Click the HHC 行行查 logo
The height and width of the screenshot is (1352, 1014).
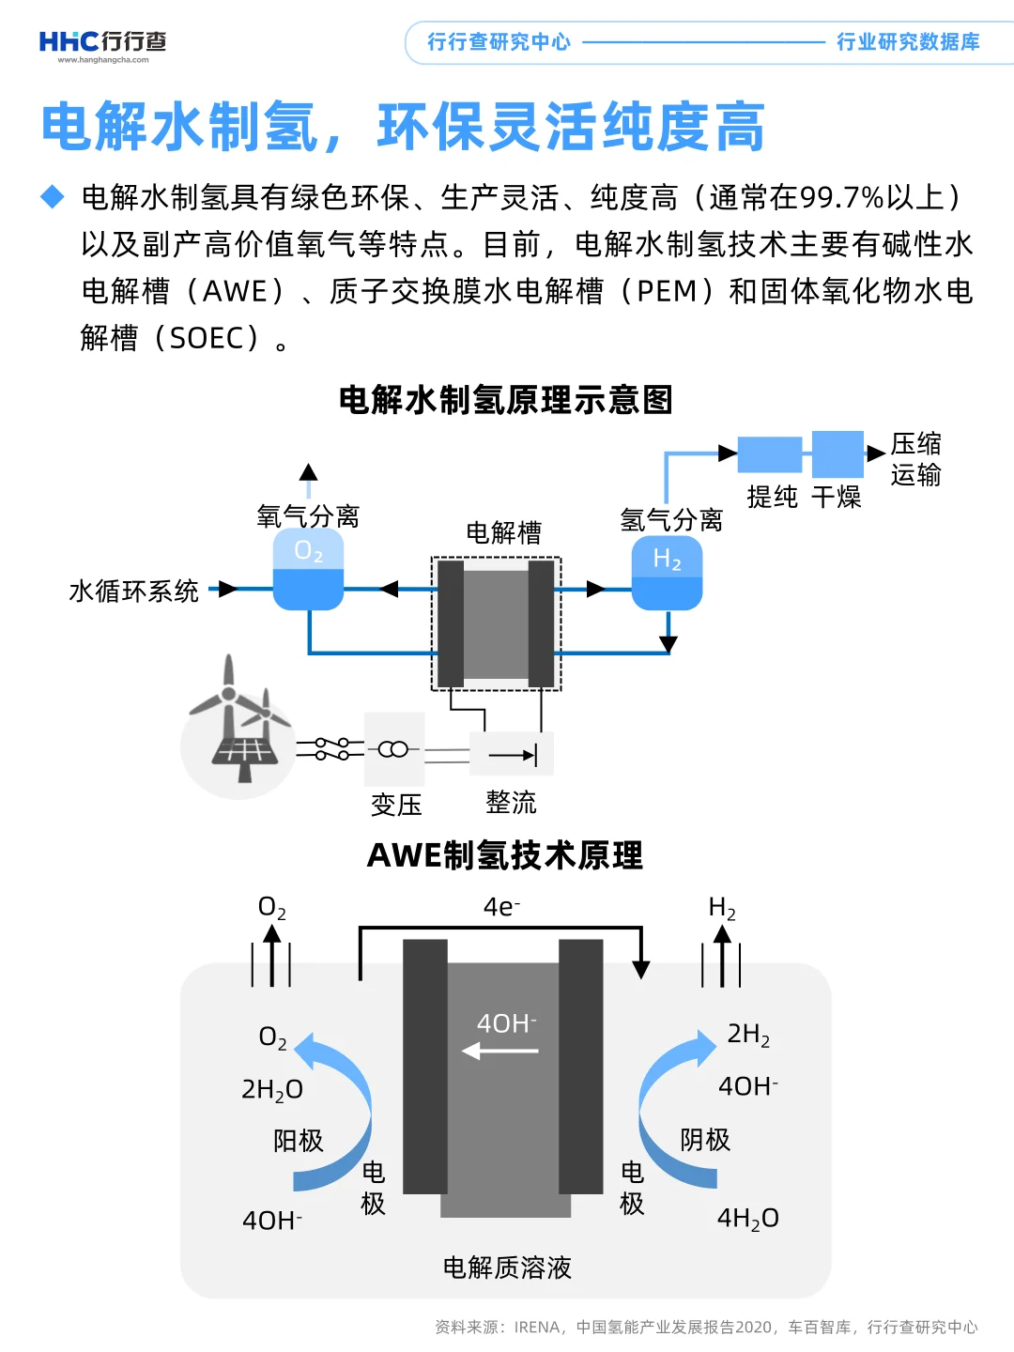[102, 43]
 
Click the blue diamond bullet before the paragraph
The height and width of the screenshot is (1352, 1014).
[53, 197]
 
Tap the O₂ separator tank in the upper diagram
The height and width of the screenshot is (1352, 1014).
[308, 570]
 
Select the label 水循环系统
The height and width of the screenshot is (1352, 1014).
[133, 591]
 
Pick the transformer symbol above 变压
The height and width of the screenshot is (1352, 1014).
[393, 749]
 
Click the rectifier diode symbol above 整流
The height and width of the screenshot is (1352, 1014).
[513, 754]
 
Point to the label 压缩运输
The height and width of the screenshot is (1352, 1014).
[915, 459]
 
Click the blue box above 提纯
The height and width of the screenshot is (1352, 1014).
[770, 454]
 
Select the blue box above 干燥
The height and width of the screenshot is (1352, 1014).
[837, 454]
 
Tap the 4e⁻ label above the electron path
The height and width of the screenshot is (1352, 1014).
[501, 907]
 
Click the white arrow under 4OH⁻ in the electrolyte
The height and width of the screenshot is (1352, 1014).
[500, 1052]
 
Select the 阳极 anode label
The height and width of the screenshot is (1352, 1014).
[299, 1141]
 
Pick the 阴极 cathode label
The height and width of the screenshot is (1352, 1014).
[705, 1140]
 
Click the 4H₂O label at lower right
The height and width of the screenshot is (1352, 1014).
[748, 1219]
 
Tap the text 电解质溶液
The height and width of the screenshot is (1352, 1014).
[507, 1268]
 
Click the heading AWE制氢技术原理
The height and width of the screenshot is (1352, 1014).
[505, 855]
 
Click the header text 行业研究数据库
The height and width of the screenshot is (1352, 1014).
[908, 42]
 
